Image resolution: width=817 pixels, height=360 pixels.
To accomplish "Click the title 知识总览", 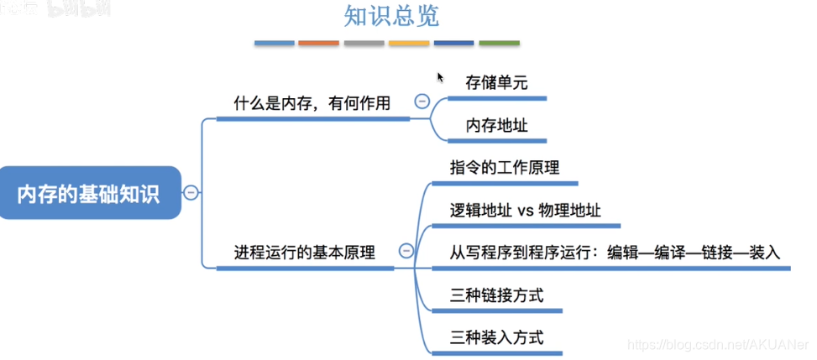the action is click(391, 16).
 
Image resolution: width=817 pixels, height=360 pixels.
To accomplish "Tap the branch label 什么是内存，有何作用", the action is click(312, 104).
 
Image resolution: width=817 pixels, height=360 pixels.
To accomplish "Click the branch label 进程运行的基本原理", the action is click(304, 252).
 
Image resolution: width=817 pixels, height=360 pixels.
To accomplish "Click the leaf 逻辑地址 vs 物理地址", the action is click(525, 209).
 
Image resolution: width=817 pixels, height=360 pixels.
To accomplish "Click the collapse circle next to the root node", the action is click(191, 193).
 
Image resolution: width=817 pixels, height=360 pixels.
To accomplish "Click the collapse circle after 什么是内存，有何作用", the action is click(422, 102).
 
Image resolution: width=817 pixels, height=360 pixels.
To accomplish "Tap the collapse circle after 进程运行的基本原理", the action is click(406, 250).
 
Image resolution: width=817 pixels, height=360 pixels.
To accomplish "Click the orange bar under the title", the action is click(319, 43).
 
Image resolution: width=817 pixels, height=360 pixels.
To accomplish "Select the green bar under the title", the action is click(499, 43).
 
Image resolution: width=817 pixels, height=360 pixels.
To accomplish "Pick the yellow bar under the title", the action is click(409, 43).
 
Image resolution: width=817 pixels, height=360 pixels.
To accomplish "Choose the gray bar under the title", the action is click(364, 43).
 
